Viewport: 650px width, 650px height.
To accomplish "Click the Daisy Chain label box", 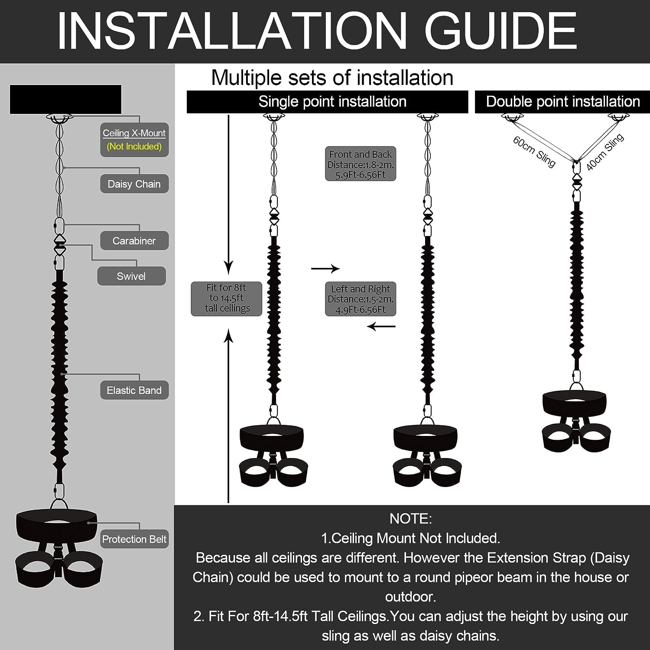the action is click(134, 184).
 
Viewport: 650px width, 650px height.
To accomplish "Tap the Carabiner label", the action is click(134, 240).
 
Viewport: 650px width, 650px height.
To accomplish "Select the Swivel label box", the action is click(131, 276).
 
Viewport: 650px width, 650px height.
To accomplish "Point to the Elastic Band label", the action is click(134, 390).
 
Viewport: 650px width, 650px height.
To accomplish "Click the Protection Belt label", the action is click(134, 539).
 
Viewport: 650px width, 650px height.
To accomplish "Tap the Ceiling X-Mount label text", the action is click(134, 133).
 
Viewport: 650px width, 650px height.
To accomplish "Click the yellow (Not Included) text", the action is click(134, 146).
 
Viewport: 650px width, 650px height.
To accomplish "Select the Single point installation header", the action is click(328, 102).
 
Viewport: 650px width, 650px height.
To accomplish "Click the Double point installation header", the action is click(562, 102).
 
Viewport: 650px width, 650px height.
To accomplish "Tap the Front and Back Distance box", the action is click(361, 164).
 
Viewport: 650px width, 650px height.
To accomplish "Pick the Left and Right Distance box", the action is click(361, 299).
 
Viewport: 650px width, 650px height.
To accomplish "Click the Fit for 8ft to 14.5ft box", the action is click(227, 299).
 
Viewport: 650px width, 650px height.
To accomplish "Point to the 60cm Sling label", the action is click(534, 152).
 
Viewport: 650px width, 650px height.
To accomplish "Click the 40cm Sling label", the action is click(605, 152).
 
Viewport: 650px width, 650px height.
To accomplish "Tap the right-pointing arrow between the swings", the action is click(325, 269).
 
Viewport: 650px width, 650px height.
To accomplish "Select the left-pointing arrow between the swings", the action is click(381, 326).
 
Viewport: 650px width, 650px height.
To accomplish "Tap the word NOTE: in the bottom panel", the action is click(411, 519).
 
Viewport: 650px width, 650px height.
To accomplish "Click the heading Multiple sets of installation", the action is click(332, 78).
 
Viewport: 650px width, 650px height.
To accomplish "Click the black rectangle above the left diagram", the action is click(66, 99).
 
